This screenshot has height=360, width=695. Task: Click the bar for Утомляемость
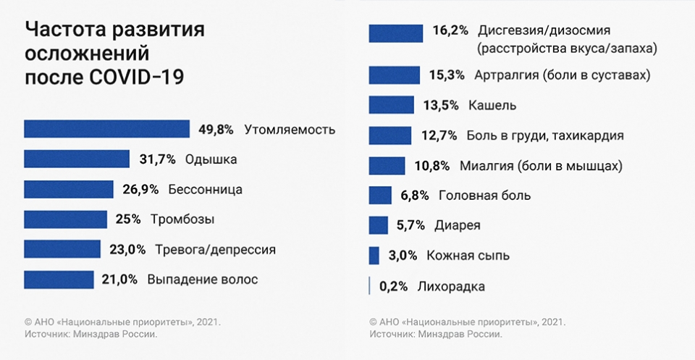click(106, 129)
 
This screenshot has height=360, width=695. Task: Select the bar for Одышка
click(77, 159)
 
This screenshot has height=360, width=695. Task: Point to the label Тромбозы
click(182, 219)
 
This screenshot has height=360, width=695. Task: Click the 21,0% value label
click(119, 279)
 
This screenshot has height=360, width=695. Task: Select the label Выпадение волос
click(202, 279)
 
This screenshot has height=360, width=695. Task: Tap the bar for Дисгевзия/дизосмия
click(396, 33)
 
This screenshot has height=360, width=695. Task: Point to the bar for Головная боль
click(380, 196)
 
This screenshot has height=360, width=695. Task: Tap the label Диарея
click(457, 225)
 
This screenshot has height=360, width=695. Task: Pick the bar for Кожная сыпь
click(374, 255)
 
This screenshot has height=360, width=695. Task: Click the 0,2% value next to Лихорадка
click(394, 286)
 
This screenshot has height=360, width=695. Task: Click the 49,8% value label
click(216, 130)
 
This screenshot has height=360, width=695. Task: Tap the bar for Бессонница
click(69, 190)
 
